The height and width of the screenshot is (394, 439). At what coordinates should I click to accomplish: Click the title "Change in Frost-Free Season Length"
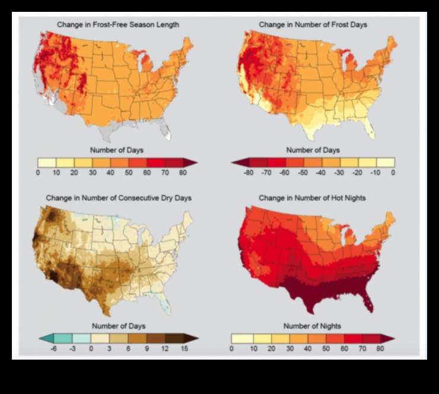117,25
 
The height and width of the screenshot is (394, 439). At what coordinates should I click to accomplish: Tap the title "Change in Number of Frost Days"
313,25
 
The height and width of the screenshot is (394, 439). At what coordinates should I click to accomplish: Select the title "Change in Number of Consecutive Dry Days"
118,197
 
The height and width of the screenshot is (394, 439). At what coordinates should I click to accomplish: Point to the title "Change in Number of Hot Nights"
313,197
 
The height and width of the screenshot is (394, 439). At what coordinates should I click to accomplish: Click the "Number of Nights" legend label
313,326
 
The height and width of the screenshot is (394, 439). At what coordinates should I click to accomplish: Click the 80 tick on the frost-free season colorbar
182,172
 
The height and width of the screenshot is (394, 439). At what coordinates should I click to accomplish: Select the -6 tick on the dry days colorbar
55,349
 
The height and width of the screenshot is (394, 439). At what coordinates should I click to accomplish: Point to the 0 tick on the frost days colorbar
393,172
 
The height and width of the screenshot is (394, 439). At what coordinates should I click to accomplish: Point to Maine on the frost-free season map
187,44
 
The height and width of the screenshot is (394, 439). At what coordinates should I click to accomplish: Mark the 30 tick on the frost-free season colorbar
91,172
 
